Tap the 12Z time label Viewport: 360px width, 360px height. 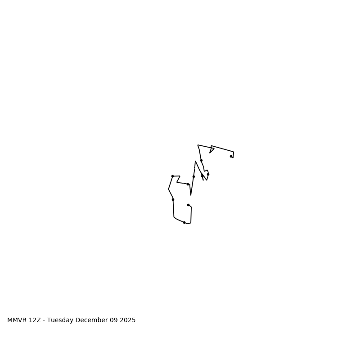(35, 320)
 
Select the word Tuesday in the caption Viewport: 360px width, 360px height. (61, 320)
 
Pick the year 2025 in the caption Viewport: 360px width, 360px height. (127, 320)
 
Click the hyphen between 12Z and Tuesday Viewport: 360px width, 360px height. (44, 320)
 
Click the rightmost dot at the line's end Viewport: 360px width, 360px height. (231, 156)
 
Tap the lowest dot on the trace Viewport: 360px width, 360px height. (184, 222)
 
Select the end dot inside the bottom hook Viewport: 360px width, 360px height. (188, 205)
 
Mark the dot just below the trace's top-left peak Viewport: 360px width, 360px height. (201, 160)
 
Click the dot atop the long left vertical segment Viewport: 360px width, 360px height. (173, 199)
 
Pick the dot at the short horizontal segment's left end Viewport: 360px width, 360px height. (172, 176)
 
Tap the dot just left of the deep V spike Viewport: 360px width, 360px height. (188, 184)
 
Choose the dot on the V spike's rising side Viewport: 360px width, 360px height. (193, 176)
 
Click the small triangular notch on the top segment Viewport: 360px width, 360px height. (211, 149)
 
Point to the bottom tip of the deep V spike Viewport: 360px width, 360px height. (191, 195)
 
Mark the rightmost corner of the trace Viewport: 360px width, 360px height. (234, 152)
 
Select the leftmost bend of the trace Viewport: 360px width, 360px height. (169, 189)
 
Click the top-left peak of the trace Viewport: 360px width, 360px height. (198, 145)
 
